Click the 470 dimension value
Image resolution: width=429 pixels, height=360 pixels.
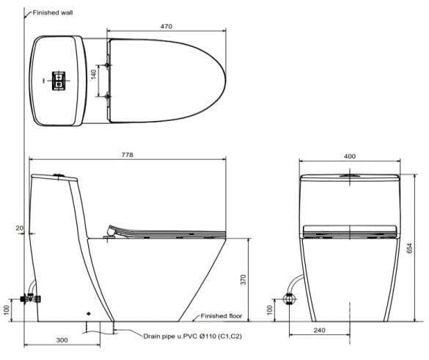(166, 26)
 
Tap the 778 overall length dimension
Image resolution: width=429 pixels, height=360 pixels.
(127, 155)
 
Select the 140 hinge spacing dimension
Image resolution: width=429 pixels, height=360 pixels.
(94, 75)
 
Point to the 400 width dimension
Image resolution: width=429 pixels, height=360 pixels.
(350, 156)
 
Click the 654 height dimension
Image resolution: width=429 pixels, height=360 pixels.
(409, 248)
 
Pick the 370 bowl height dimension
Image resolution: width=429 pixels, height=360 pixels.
(243, 279)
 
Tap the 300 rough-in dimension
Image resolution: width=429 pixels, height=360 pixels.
(62, 340)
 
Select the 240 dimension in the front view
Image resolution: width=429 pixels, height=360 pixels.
(319, 330)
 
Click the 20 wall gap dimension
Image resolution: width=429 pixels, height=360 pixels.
(20, 227)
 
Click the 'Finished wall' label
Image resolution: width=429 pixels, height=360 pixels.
(53, 12)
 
